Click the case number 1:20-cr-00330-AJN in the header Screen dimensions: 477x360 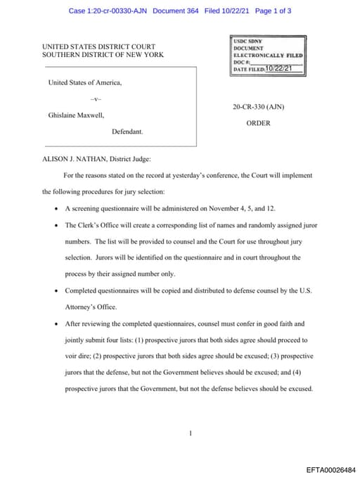[x=122, y=11]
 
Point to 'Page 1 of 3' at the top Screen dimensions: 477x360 [x=274, y=11]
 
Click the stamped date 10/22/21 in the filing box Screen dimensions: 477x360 [x=279, y=68]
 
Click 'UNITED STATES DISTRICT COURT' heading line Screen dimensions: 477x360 [x=98, y=47]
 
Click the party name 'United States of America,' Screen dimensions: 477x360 [x=84, y=82]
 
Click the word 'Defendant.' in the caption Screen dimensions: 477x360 [x=127, y=131]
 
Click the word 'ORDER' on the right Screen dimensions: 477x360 [x=258, y=123]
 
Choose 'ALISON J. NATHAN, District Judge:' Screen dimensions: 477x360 [x=96, y=159]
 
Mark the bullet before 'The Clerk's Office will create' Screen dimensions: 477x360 [x=56, y=225]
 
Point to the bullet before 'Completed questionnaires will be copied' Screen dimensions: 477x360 [x=56, y=291]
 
